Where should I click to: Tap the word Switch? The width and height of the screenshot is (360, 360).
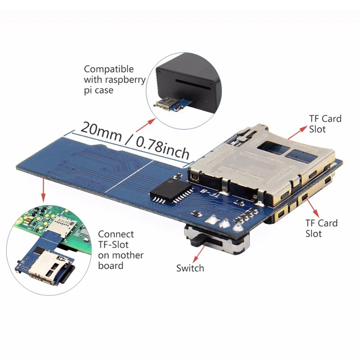click(x=190, y=268)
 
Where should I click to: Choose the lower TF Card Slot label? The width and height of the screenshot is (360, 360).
click(x=321, y=228)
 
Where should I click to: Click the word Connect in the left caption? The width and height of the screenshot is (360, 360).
click(x=116, y=234)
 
